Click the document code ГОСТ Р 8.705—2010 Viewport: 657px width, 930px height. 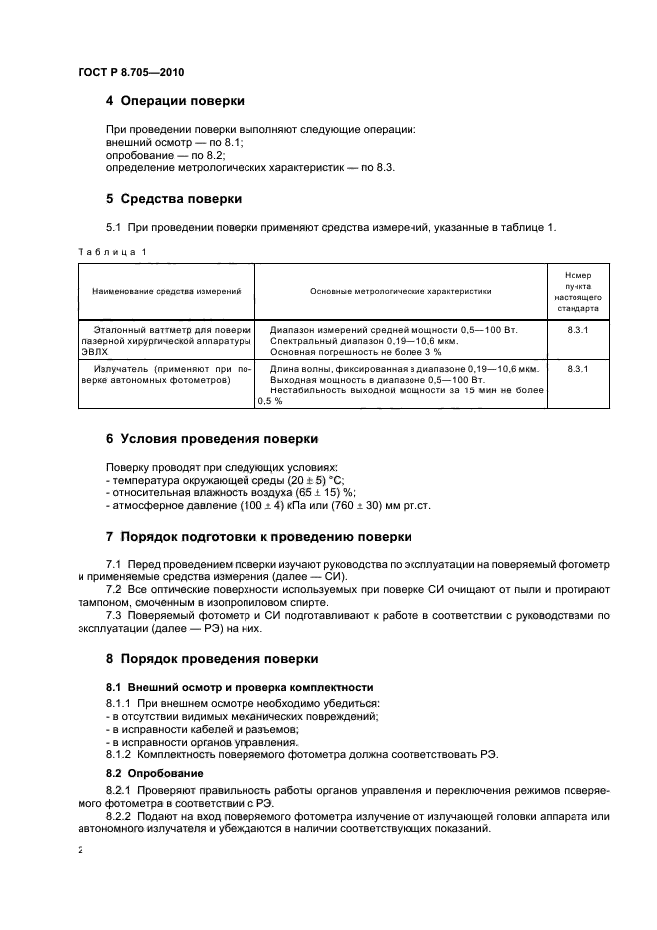(x=129, y=73)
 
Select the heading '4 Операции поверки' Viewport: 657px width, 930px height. (x=175, y=101)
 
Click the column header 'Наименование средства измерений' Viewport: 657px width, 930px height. (x=167, y=291)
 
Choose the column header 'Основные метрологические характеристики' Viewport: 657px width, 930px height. (x=401, y=291)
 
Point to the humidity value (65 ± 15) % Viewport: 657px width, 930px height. (x=319, y=492)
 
